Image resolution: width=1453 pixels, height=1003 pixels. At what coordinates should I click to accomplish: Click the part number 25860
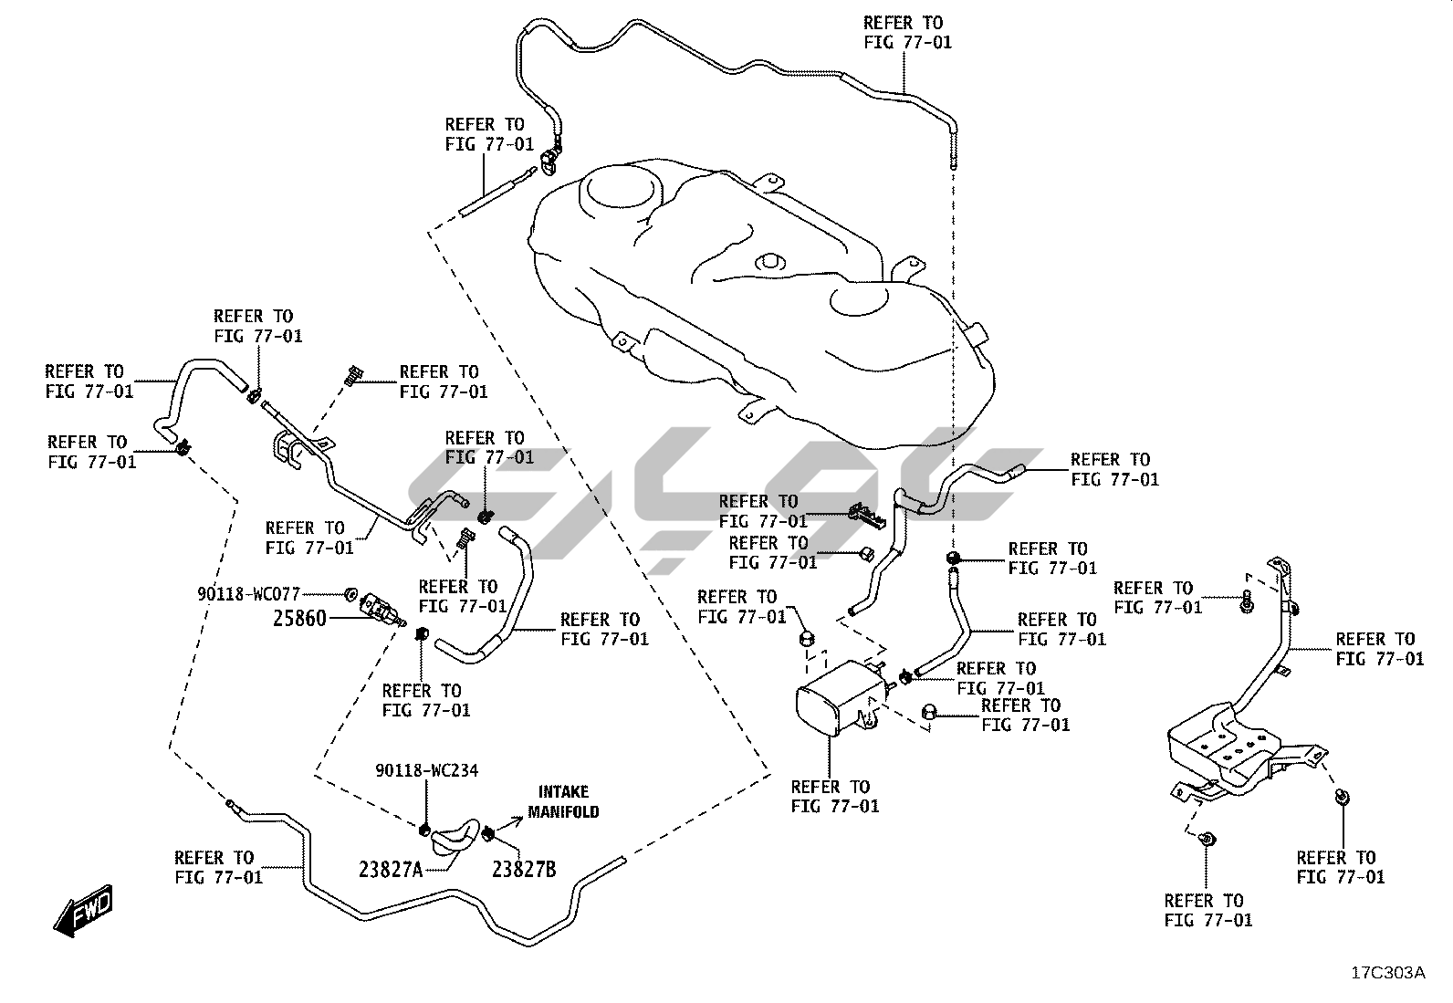coord(299,619)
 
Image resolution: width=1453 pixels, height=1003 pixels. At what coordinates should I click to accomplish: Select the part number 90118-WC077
coord(248,594)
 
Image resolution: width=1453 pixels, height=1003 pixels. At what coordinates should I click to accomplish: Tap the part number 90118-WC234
coord(426,771)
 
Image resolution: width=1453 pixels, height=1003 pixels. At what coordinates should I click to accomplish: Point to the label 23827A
coord(391,870)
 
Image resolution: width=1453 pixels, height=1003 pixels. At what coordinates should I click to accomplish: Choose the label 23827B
coord(524,870)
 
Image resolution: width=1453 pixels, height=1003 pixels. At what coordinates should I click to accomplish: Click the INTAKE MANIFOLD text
coord(563,801)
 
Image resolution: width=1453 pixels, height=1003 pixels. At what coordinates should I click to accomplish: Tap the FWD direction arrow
coord(83,909)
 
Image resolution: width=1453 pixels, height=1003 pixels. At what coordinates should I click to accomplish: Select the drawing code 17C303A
coord(1387,973)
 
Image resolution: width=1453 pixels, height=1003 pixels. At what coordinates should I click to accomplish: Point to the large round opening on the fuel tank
coord(623,189)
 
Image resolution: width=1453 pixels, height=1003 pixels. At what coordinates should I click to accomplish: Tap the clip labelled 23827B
coord(488,832)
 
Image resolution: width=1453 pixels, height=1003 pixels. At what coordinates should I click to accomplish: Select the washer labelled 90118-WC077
coord(351,595)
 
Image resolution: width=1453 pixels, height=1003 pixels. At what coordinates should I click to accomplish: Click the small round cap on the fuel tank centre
coord(769,263)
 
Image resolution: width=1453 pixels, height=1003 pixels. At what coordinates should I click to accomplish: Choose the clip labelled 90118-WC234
coord(424,830)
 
